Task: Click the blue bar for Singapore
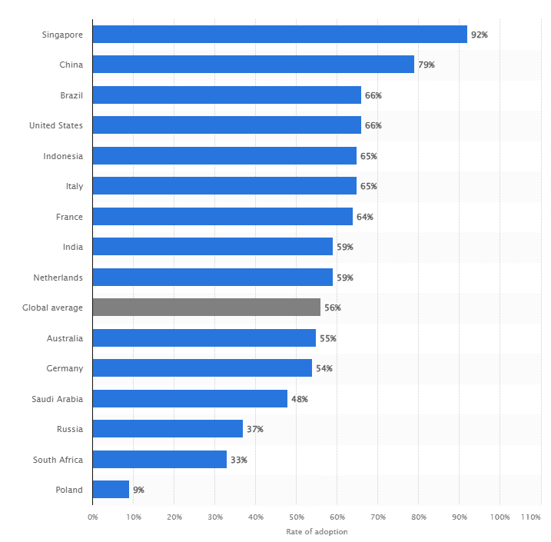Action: click(280, 35)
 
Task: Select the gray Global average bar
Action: click(206, 308)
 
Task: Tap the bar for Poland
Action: click(111, 490)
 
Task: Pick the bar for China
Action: click(253, 65)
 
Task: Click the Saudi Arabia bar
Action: click(190, 398)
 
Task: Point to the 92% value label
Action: click(479, 35)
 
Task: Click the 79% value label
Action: click(426, 65)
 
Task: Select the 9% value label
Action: click(138, 490)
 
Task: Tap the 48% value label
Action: click(299, 399)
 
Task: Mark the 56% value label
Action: click(332, 308)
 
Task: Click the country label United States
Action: click(56, 125)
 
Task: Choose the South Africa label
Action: click(58, 460)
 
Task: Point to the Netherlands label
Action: click(58, 278)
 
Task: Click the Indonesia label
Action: click(63, 156)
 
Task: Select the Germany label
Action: click(65, 368)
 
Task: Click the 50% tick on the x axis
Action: click(296, 517)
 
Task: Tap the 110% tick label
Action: click(531, 517)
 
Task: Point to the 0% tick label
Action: click(92, 517)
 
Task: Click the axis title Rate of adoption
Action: click(317, 531)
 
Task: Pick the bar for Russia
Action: click(168, 429)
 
